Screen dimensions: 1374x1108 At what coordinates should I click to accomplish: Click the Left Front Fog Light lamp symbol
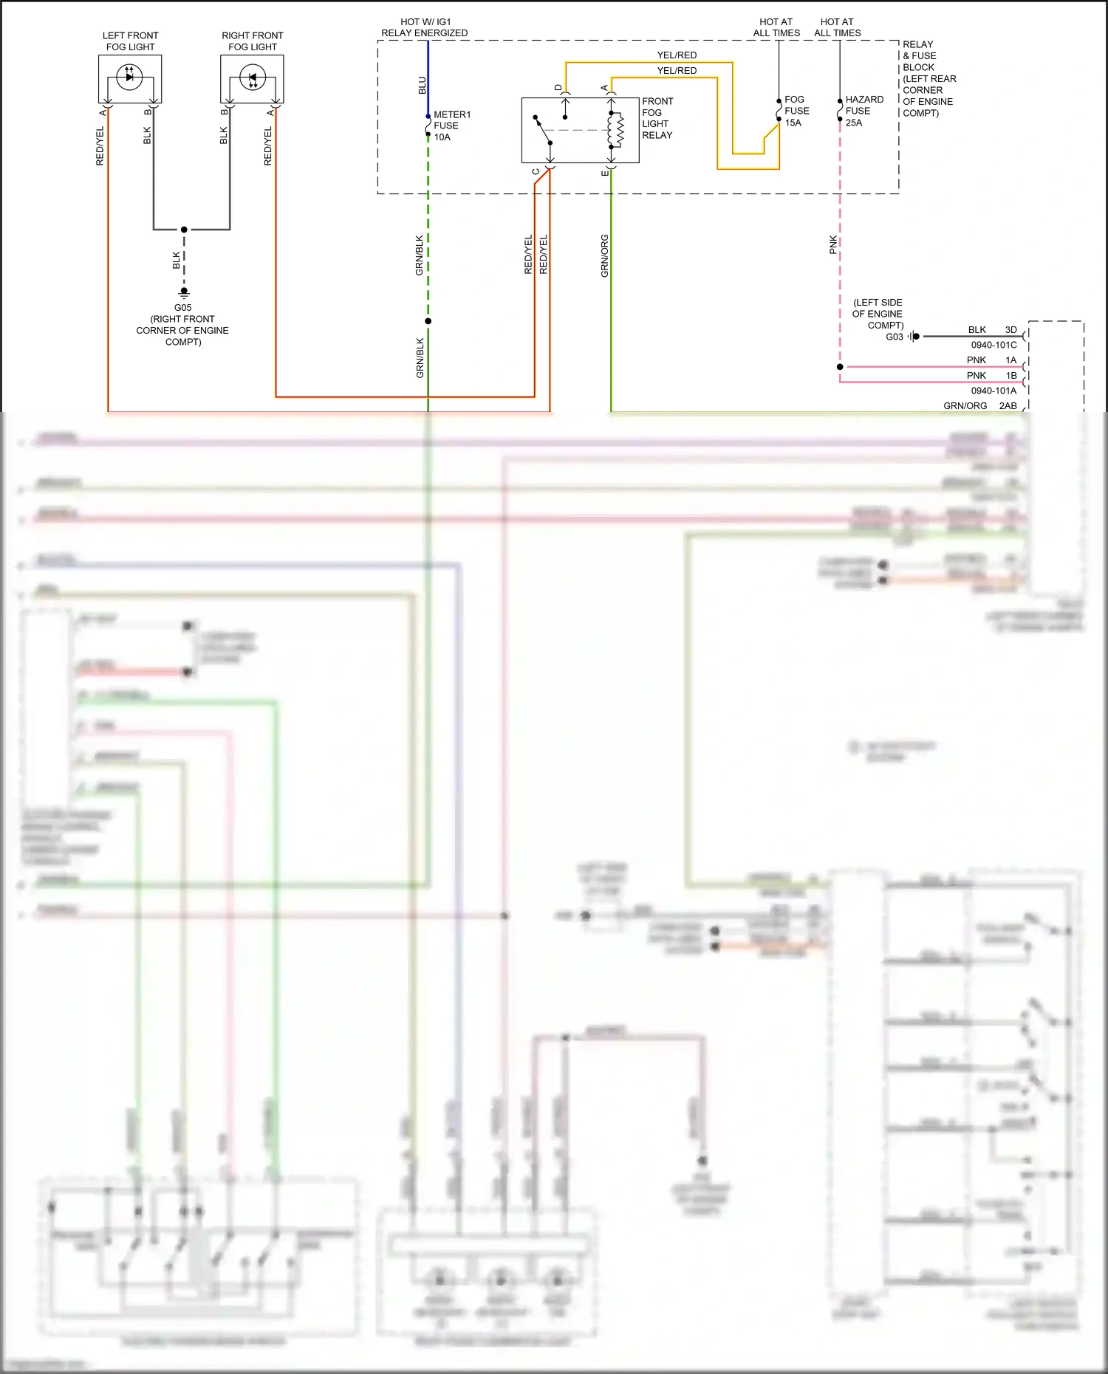click(130, 76)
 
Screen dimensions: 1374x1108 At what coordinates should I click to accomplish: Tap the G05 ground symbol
click(184, 292)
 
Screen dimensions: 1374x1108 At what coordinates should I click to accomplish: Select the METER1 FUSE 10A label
click(451, 126)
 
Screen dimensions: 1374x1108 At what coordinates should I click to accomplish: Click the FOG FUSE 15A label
click(796, 111)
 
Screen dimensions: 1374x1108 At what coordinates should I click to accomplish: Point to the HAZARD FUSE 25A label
click(864, 111)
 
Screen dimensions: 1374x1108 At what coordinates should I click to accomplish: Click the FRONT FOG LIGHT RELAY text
click(657, 118)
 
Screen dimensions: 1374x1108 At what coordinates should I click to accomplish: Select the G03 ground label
click(895, 337)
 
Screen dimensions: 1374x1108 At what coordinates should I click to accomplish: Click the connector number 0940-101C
click(994, 345)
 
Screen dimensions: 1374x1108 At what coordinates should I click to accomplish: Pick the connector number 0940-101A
click(994, 391)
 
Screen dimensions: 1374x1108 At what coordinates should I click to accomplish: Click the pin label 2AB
click(1008, 406)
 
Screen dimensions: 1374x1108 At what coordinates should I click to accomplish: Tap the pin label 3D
click(1010, 330)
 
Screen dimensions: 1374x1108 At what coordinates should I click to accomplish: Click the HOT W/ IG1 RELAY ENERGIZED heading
click(424, 27)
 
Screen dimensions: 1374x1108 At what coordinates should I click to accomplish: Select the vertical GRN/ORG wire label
click(605, 256)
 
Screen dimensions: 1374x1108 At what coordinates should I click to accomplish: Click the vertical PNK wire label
click(833, 245)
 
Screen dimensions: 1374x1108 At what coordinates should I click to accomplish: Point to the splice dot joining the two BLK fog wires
click(184, 230)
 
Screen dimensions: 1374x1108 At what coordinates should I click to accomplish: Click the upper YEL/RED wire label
click(677, 55)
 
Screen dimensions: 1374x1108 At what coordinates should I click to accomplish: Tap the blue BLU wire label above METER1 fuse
click(423, 86)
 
